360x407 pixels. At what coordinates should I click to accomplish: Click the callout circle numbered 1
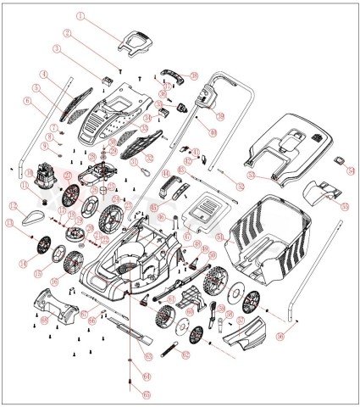pyautogui.click(x=81, y=15)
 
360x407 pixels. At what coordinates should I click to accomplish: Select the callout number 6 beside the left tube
pyautogui.click(x=28, y=100)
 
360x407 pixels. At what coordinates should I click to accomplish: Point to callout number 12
pyautogui.click(x=12, y=206)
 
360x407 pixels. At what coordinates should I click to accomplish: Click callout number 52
pyautogui.click(x=240, y=185)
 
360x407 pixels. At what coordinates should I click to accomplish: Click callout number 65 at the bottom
pyautogui.click(x=145, y=394)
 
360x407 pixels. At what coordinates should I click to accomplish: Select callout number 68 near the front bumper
pyautogui.click(x=44, y=321)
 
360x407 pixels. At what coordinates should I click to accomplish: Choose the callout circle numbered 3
pyautogui.click(x=57, y=50)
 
